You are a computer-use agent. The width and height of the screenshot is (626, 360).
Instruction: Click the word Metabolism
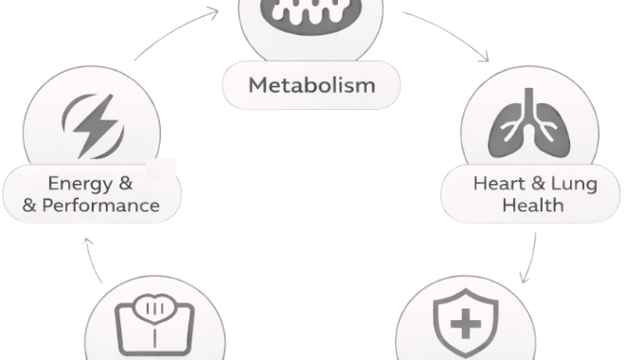click(312, 85)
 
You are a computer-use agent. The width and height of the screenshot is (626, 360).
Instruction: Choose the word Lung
click(574, 182)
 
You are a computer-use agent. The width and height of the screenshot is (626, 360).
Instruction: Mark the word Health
click(533, 204)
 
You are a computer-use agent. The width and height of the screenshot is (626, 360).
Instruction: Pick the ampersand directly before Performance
click(30, 205)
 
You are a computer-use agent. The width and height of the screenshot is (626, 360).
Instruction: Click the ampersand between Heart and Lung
click(536, 182)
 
